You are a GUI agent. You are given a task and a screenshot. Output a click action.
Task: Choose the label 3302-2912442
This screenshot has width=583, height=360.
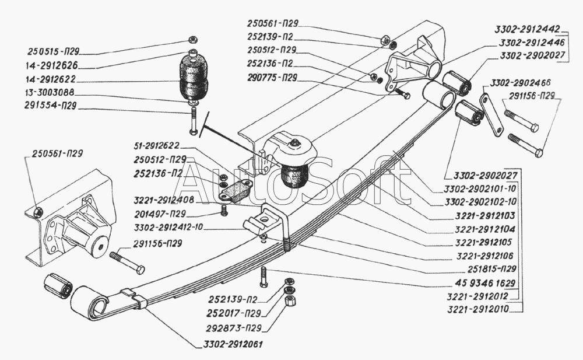526,28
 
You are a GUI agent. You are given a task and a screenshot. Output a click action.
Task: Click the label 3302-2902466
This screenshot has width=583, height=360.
521,82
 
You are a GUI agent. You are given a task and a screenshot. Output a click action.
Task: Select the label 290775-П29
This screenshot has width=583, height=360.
273,77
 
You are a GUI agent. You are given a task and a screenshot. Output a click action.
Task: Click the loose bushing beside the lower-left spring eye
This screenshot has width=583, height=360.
58,285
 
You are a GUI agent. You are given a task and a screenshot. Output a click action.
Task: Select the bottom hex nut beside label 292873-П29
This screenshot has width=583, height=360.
290,301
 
